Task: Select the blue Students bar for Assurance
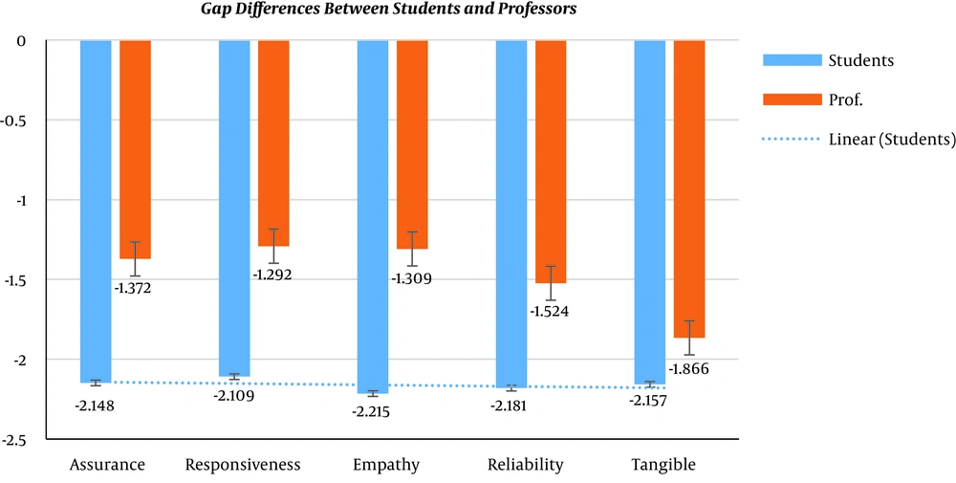pos(96,210)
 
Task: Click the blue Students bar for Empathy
pos(373,215)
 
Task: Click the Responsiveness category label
pos(243,465)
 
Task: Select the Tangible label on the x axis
pos(663,465)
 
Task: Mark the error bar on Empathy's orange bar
pos(412,249)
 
